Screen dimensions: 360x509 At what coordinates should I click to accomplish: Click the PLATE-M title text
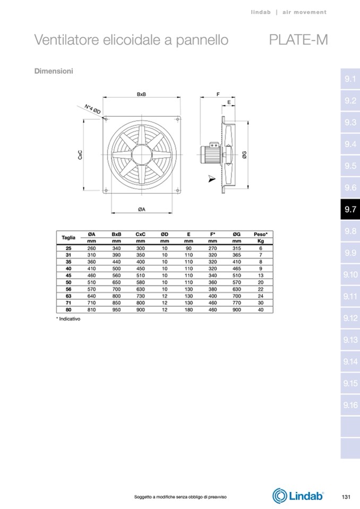point(298,40)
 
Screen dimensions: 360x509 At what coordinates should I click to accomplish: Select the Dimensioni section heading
point(54,71)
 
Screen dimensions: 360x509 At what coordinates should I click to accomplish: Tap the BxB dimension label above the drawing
point(142,94)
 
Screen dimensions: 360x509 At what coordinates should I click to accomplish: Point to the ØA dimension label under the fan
point(142,209)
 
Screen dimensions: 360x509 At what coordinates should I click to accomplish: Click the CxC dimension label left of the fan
point(80,155)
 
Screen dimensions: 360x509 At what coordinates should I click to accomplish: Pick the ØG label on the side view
point(245,155)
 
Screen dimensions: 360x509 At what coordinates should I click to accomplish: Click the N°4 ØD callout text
point(93,109)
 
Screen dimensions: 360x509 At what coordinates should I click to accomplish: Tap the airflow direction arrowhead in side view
point(212,178)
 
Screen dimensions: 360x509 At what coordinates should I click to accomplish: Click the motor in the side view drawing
point(210,152)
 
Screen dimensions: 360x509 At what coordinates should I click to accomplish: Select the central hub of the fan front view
point(142,154)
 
